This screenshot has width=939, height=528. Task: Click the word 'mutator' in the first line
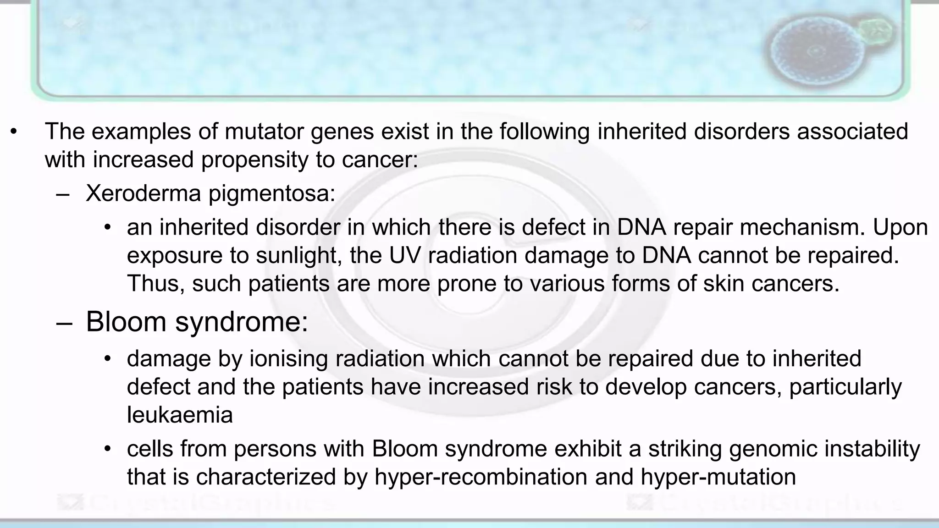tap(265, 132)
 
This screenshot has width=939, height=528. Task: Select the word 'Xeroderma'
tap(144, 193)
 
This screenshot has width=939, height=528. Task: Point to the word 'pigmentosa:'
tap(272, 194)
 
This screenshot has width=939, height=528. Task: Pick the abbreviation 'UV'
tap(405, 255)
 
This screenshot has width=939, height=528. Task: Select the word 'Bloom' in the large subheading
tap(126, 322)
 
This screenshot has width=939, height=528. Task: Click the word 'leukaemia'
tap(180, 415)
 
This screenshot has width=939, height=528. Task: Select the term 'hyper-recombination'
tap(481, 477)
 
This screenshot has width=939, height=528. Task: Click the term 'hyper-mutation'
tap(718, 477)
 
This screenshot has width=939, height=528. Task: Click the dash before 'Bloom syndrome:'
tap(64, 323)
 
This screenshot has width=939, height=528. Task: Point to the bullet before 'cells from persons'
tap(107, 448)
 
